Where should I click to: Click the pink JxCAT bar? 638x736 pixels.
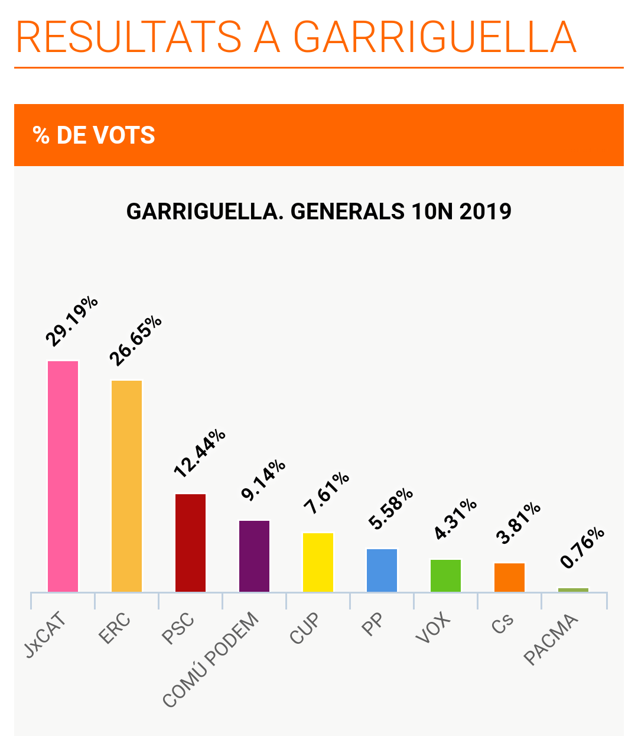click(x=63, y=476)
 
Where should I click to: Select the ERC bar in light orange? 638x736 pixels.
click(x=126, y=486)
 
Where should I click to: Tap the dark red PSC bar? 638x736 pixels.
click(x=190, y=543)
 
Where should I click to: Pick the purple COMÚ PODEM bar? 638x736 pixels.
click(x=254, y=556)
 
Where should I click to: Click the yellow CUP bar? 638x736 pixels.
click(x=318, y=562)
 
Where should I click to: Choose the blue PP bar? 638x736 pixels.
click(x=382, y=570)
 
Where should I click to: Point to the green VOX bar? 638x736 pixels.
click(x=445, y=575)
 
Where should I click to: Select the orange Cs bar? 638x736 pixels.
click(x=509, y=577)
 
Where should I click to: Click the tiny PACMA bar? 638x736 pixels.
click(x=573, y=589)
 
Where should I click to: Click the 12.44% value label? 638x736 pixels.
click(x=200, y=453)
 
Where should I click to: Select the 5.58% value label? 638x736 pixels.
click(x=390, y=508)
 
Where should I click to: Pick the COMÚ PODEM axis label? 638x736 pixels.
click(x=211, y=660)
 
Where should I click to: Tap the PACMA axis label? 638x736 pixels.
click(x=551, y=640)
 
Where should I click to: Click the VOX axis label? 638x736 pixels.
click(x=433, y=628)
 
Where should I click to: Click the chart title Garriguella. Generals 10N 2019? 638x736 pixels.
click(x=319, y=211)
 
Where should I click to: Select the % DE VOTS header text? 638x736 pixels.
click(x=95, y=135)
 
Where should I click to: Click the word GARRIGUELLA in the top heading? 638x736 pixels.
click(x=434, y=37)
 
